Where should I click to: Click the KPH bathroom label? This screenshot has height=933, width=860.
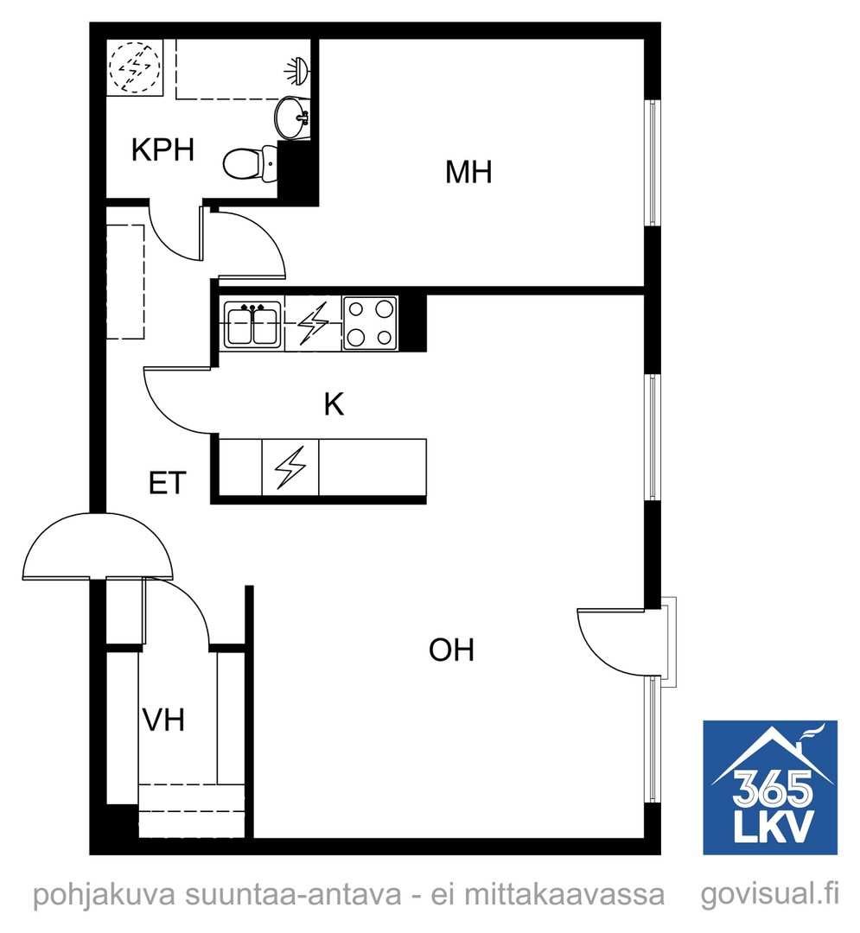coord(162,149)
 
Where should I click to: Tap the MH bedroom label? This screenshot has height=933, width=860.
coord(468,173)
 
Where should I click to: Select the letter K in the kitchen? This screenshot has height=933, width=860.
coord(334,404)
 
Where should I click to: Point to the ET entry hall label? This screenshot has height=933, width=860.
coord(167,483)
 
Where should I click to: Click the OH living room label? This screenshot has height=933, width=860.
coord(451,650)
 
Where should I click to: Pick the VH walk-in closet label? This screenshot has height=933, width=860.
coord(163,720)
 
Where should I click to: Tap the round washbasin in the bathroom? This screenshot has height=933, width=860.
coord(292,117)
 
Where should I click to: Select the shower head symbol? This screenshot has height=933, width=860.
coord(296,70)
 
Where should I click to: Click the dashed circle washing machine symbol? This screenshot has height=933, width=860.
coord(135,67)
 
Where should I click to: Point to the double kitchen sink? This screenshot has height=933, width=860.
coord(252,324)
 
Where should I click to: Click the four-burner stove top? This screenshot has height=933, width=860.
coord(370,324)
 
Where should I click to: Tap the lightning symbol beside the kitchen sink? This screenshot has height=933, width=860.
coord(313,324)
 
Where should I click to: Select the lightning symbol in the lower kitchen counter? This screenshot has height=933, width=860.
coord(290,467)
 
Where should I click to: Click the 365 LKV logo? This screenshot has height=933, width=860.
coord(770,787)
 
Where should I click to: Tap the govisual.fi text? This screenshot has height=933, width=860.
coord(769,894)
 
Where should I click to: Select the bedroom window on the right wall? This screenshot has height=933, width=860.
coord(653,162)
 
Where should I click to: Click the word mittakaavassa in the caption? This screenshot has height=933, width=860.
coord(564,894)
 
